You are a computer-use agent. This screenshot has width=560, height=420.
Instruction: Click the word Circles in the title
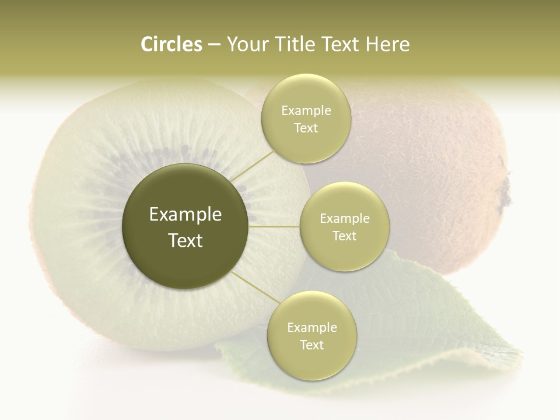(x=171, y=44)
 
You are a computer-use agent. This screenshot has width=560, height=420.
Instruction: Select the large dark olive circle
(x=185, y=226)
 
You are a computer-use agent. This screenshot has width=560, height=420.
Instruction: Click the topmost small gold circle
(x=306, y=118)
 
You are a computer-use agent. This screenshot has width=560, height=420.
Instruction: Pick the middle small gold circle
(x=344, y=226)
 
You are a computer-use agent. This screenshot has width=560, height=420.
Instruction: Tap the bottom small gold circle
(x=311, y=335)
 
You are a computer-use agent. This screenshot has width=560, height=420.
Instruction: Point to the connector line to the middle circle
(x=274, y=226)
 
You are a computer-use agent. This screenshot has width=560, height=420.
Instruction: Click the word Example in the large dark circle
(x=185, y=215)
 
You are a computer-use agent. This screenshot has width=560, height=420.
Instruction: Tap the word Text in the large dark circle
(x=185, y=240)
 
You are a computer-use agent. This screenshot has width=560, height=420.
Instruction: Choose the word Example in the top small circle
(x=306, y=110)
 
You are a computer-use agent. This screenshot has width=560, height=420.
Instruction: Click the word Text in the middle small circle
(x=344, y=236)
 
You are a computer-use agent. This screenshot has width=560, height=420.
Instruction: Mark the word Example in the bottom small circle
(x=311, y=327)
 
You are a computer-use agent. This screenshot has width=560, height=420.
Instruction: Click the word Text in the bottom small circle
(x=311, y=345)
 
